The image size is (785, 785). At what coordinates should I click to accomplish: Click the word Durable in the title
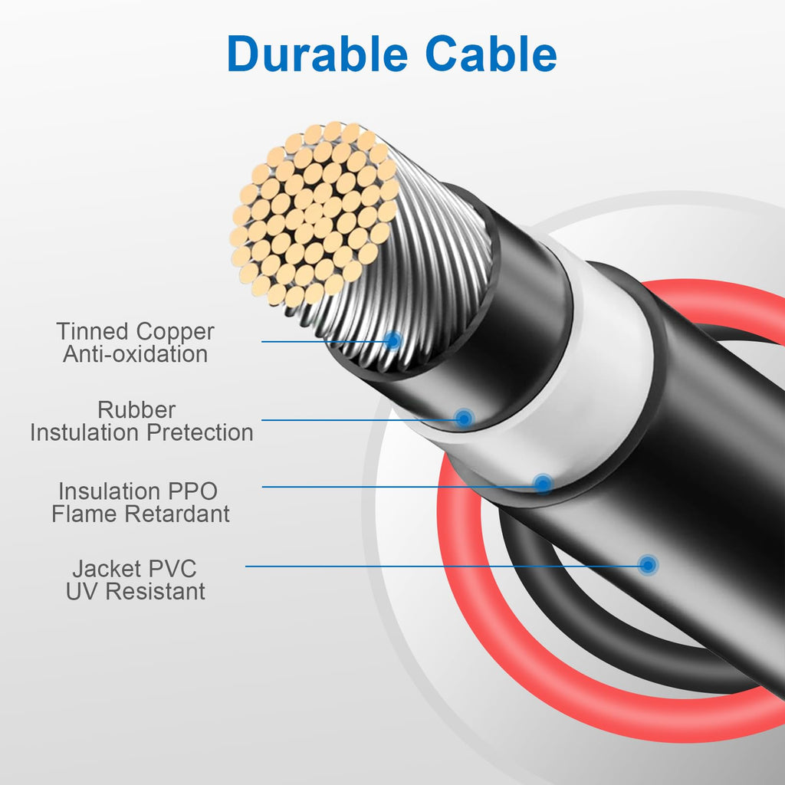[x=317, y=54]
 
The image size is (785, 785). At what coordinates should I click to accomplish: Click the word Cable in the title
[x=491, y=54]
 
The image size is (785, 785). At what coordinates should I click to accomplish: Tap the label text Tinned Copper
[x=135, y=331]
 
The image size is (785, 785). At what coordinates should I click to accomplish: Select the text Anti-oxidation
[x=135, y=354]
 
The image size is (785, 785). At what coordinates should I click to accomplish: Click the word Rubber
[x=136, y=410]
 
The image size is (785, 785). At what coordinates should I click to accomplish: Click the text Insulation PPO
[x=138, y=491]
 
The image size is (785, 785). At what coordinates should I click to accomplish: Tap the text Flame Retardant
[x=141, y=514]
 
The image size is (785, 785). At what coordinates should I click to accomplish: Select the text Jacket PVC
[x=134, y=569]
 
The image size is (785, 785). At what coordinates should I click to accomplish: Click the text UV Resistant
[x=135, y=591]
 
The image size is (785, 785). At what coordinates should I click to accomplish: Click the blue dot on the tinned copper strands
[x=393, y=340]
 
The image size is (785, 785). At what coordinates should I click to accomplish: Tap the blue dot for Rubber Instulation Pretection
[x=464, y=419]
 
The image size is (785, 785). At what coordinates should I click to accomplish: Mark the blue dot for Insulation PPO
[x=543, y=484]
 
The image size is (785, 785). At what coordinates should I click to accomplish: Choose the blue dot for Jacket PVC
[x=649, y=566]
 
